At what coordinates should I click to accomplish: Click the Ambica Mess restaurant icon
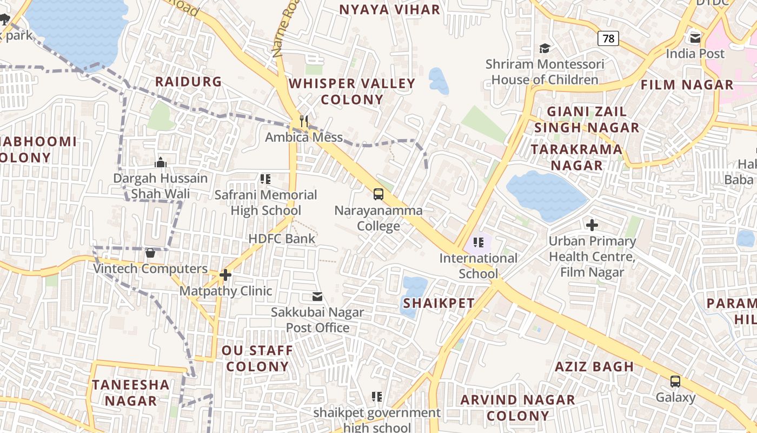point(304,121)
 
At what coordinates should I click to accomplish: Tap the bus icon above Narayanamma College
point(378,194)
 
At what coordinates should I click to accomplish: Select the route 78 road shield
point(608,38)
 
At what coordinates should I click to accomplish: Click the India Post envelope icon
point(695,38)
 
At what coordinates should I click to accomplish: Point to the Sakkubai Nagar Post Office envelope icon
point(317,297)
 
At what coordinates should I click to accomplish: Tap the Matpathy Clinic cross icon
point(225,275)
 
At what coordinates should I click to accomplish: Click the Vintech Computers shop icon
point(150,253)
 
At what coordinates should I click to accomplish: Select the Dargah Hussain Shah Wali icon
point(161,162)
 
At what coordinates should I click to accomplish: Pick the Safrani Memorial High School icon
point(265,179)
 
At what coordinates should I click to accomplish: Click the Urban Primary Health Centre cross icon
point(592,225)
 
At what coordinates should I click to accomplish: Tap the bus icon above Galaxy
point(675,381)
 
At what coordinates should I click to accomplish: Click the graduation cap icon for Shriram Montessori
point(544,49)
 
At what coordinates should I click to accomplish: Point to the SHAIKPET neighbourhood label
point(439,303)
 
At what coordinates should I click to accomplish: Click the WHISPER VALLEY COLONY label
point(352,91)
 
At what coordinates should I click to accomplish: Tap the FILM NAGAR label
point(687,85)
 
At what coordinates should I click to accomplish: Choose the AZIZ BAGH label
point(594,366)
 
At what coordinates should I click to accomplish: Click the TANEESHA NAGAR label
point(131,392)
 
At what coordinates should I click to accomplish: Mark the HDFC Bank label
point(282,238)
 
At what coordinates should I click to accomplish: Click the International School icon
point(478,242)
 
